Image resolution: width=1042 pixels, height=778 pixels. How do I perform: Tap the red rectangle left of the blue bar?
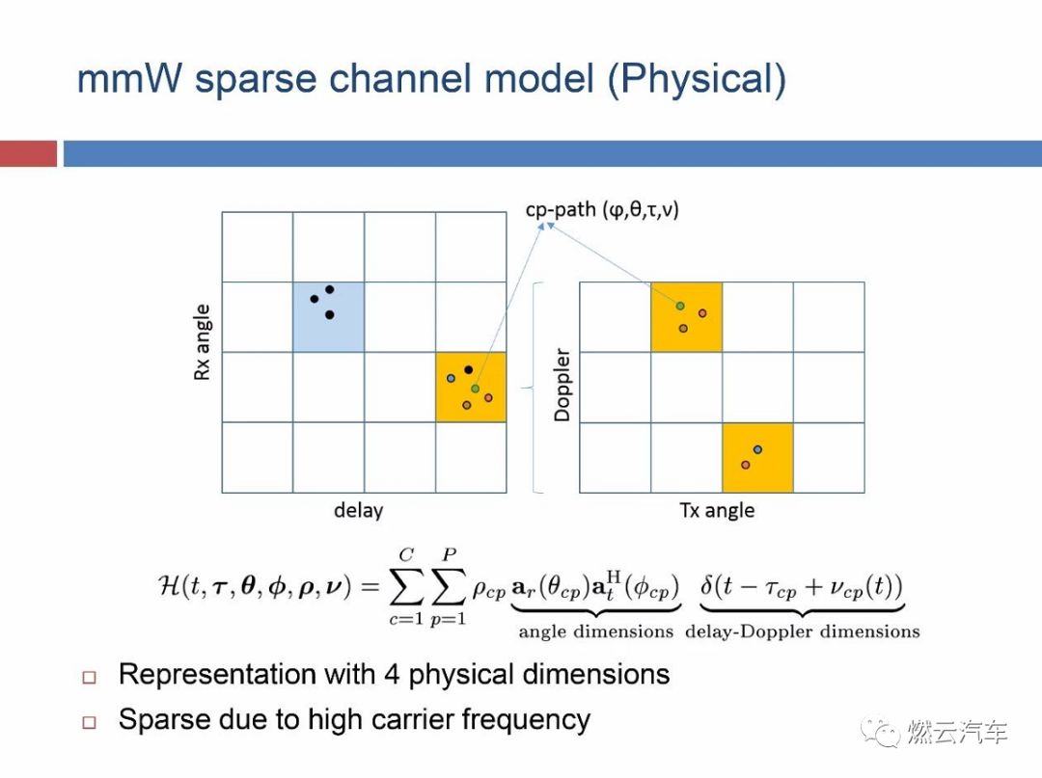28,154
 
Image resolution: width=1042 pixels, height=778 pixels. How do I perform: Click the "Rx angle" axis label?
203,343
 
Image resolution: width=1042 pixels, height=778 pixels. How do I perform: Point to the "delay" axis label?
358,511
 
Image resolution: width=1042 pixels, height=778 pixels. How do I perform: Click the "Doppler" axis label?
562,385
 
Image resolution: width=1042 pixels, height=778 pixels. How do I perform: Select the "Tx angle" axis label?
717,511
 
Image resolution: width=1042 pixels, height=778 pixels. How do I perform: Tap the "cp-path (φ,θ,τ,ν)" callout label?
602,208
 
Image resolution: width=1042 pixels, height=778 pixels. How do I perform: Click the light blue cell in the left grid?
328,316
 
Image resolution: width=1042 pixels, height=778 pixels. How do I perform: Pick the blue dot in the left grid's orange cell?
451,378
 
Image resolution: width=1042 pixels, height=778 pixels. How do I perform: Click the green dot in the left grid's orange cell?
475,389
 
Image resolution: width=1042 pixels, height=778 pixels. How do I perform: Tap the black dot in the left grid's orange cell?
468,369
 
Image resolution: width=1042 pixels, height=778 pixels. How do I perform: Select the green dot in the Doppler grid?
680,306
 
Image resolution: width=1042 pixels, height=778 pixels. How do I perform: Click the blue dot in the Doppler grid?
757,449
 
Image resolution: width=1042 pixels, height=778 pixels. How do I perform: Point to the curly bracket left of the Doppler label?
534,388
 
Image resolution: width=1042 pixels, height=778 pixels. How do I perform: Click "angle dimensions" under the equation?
595,632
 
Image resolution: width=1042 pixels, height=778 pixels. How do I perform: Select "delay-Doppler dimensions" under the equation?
802,632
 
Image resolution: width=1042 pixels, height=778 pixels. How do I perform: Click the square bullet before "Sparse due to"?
90,722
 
